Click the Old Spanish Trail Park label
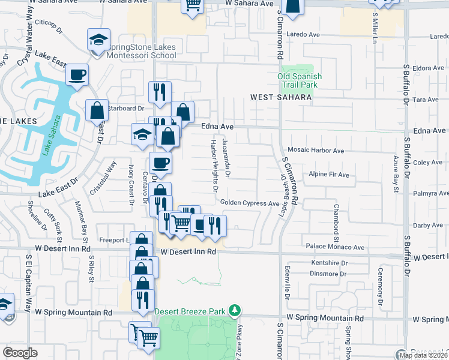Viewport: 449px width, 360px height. tap(300, 81)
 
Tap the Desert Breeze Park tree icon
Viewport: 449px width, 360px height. tap(235, 310)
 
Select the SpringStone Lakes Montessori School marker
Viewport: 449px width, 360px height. tap(98, 40)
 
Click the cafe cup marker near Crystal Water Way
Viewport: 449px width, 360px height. tap(77, 76)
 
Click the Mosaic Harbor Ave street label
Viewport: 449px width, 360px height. tap(315, 151)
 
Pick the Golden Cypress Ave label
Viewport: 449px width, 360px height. tap(250, 203)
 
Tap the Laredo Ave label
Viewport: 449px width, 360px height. tap(304, 34)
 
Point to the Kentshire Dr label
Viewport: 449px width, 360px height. tap(330, 263)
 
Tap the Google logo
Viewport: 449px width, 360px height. tap(20, 353)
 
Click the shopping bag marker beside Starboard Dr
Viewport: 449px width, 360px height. tap(97, 111)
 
